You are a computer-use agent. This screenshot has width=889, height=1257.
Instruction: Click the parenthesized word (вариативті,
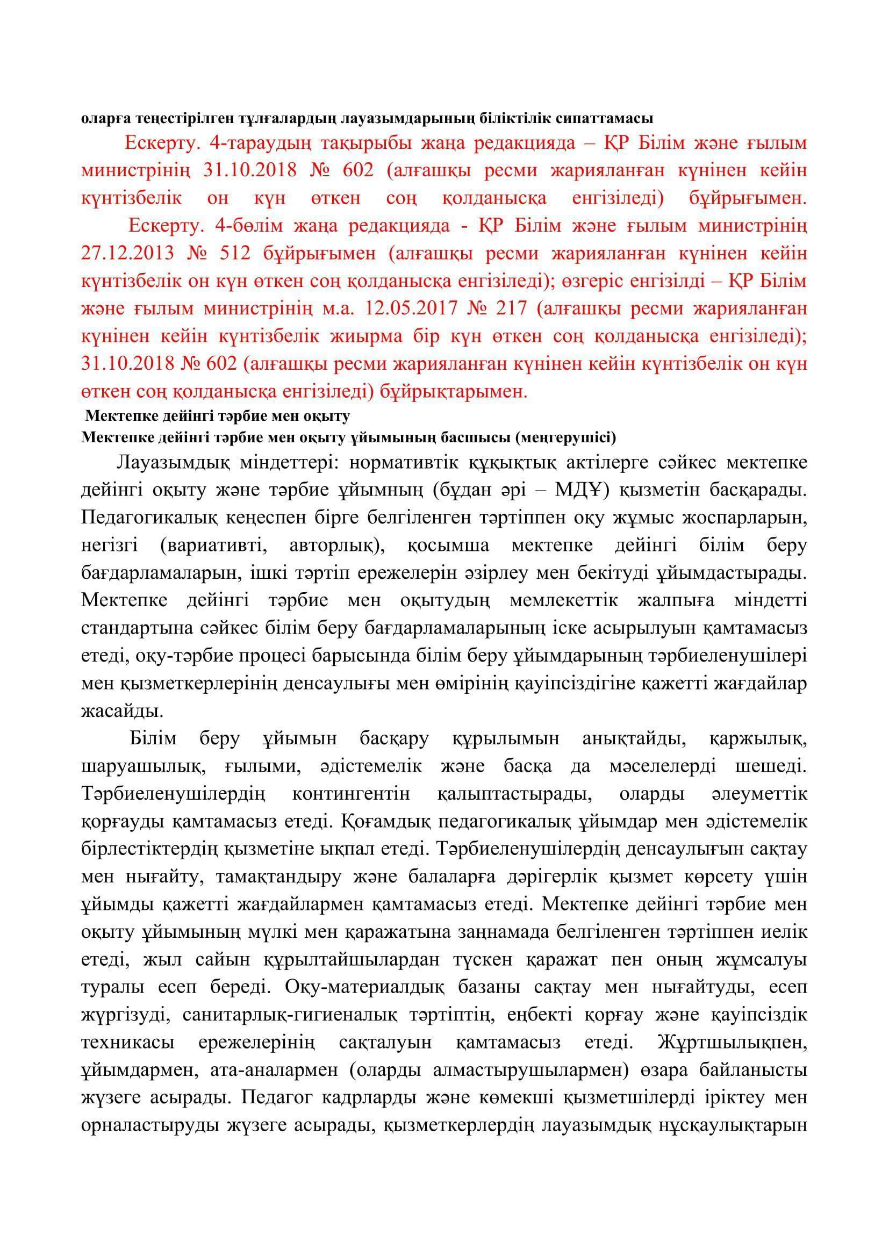click(212, 545)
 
